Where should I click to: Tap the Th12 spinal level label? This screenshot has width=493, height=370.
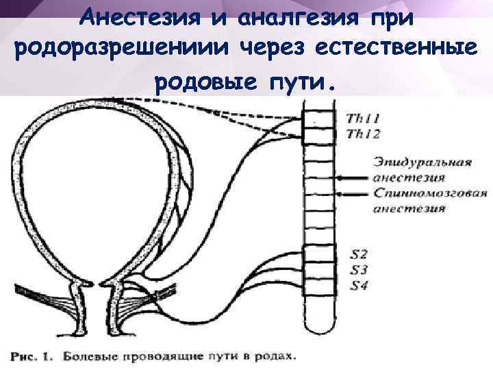point(364,134)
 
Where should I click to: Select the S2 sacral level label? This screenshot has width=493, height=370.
point(358,254)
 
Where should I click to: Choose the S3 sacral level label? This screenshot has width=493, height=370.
point(358,270)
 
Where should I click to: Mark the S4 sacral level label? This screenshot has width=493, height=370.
point(358,286)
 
